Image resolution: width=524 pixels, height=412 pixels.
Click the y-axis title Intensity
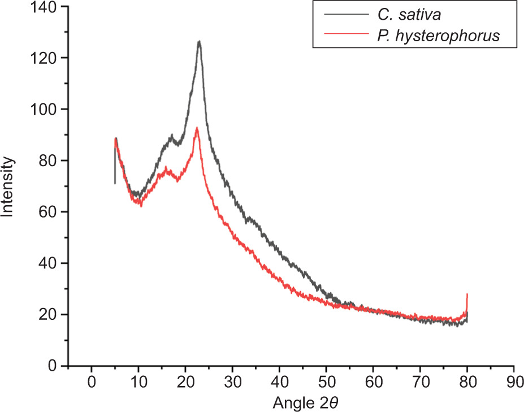(x=7, y=186)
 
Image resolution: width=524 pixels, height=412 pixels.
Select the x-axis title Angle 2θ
(x=306, y=402)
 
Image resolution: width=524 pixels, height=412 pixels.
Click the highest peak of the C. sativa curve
(x=199, y=41)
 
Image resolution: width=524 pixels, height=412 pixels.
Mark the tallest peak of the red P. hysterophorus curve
(x=197, y=129)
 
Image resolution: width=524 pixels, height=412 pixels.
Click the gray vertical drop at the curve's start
(x=115, y=170)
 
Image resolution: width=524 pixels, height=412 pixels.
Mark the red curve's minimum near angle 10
(x=140, y=205)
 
